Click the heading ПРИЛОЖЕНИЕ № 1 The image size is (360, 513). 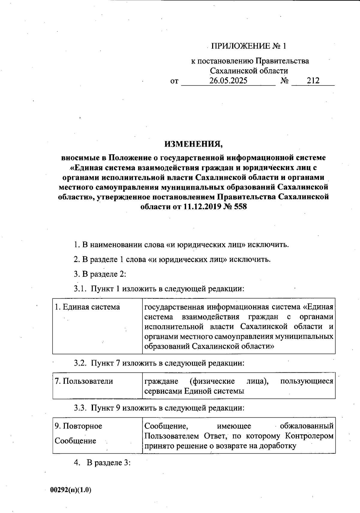point(249,46)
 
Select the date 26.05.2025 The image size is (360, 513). point(228,81)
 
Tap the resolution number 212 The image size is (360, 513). point(313,81)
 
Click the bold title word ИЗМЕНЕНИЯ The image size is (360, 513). point(193,144)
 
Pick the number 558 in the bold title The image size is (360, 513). point(239,207)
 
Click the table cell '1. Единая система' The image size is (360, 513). point(87,307)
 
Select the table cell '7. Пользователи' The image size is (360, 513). point(84,381)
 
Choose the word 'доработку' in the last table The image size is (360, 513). point(275,446)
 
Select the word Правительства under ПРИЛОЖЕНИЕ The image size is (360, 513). point(282,61)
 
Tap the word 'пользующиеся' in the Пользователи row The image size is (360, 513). point(307,381)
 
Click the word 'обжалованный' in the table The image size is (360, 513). point(307,426)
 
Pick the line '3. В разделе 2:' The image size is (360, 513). point(100,274)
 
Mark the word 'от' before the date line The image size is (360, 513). point(174,81)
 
